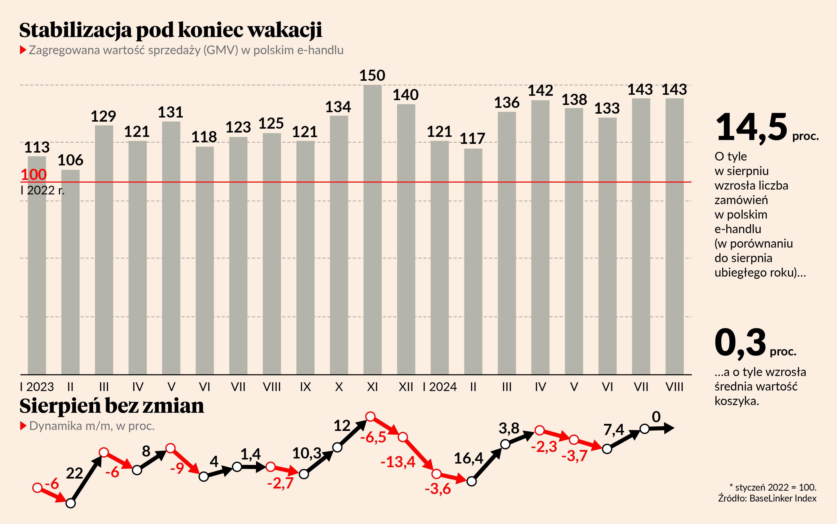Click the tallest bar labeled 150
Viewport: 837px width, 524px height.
372,229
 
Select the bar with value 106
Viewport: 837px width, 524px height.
70,272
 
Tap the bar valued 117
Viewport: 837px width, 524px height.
473,262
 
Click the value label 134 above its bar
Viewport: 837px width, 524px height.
338,107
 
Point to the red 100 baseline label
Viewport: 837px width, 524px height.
34,174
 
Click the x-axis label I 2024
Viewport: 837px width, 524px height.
440,387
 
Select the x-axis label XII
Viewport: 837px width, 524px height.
406,387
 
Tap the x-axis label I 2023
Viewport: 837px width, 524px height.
37,387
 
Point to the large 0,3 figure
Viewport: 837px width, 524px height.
740,343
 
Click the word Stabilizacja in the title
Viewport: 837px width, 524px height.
75,30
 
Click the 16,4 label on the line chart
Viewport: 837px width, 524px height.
468,458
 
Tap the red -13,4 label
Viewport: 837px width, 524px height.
398,462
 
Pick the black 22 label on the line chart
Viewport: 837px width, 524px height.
75,473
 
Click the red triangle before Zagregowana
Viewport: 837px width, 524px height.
23,50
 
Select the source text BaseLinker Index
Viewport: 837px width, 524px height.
783,498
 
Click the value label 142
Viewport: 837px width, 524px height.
540,91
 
